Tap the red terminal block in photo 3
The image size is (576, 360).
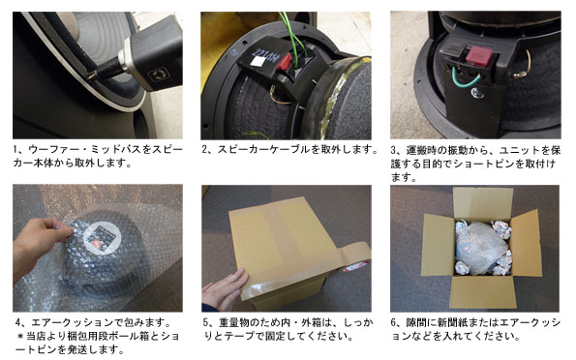(x=479, y=55)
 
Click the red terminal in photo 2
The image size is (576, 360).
(x=284, y=63)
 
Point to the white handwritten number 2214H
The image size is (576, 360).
(x=265, y=56)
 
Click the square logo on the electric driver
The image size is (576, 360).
(x=159, y=75)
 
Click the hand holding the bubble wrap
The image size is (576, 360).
(x=41, y=244)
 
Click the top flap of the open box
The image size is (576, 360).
(x=482, y=203)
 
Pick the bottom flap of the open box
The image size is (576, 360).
(x=483, y=292)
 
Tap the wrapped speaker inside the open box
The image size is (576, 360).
(x=481, y=247)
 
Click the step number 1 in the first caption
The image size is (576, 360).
(x=16, y=150)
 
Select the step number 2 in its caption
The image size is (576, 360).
(x=205, y=149)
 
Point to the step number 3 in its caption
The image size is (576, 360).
(x=394, y=150)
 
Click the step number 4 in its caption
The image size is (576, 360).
(x=18, y=322)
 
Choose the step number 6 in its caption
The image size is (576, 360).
(x=394, y=323)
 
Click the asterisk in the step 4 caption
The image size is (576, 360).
(x=20, y=336)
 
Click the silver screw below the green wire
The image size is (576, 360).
(x=477, y=94)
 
